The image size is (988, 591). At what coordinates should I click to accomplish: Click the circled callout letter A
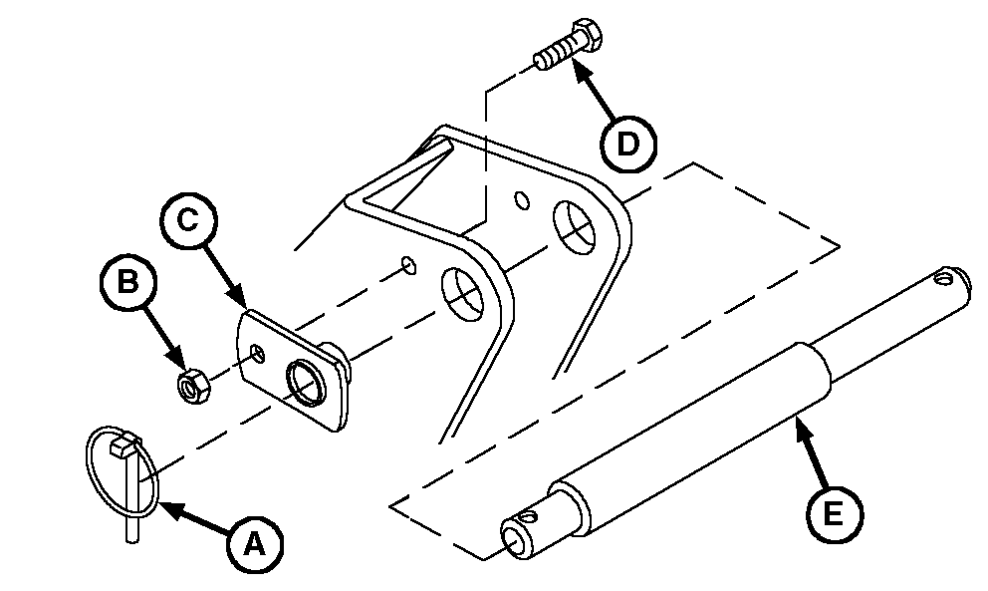coord(255,544)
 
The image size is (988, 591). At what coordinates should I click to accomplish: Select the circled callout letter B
coord(127,281)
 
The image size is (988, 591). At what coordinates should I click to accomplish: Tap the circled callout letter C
coord(188,220)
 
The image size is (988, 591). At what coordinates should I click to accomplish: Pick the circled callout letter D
coord(627,144)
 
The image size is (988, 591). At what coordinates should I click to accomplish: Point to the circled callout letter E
coord(833,513)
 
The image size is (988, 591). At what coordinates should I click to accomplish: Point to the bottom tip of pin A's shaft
coord(131,540)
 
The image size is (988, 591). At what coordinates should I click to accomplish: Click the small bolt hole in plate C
coord(257,353)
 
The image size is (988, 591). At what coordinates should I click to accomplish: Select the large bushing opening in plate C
coord(307,383)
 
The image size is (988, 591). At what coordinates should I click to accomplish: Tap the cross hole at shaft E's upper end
coord(944,276)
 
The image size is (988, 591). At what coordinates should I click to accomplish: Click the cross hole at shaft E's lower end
coord(527,517)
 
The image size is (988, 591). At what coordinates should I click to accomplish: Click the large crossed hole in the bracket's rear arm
coord(574,227)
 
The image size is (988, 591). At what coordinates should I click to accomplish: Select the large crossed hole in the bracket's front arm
coord(464,294)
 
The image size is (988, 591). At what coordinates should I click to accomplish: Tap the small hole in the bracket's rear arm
coord(522,200)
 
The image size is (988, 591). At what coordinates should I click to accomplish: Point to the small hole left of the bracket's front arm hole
coord(409,265)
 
